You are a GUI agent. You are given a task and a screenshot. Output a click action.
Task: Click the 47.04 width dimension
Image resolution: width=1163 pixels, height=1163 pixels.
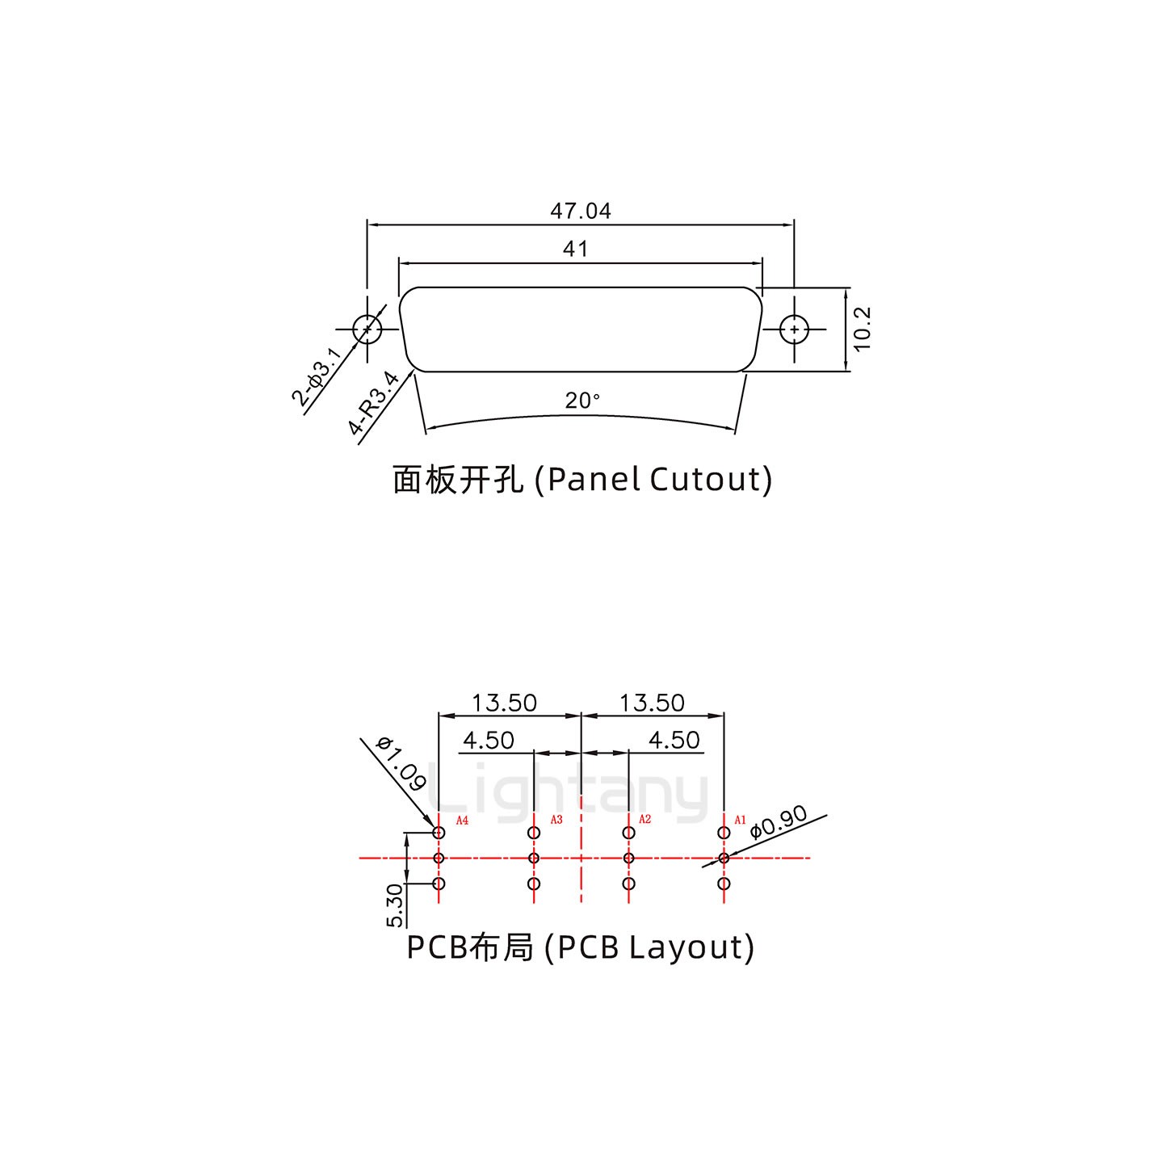(x=581, y=211)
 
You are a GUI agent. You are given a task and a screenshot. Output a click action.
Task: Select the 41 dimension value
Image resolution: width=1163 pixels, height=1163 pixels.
(x=575, y=249)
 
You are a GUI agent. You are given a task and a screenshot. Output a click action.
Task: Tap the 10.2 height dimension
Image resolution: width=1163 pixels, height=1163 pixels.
(x=862, y=329)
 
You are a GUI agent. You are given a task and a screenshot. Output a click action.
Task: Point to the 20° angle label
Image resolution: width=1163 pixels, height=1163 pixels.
(x=582, y=401)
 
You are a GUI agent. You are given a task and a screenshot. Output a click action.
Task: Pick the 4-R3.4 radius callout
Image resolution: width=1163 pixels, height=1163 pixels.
(x=374, y=402)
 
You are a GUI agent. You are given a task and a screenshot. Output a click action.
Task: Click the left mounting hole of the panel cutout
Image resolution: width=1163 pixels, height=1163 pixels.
(x=367, y=330)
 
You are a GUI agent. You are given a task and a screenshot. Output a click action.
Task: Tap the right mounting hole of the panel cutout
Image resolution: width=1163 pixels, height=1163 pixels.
(x=795, y=330)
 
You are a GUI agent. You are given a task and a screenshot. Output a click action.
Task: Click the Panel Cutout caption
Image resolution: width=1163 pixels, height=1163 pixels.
(x=582, y=479)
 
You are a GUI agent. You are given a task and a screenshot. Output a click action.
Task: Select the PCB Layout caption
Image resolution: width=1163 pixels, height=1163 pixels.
(x=580, y=947)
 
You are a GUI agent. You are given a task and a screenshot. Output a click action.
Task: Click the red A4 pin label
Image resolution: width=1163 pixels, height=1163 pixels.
(x=463, y=821)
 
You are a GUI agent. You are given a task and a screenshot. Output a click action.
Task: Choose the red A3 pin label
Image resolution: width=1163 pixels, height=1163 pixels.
(x=556, y=820)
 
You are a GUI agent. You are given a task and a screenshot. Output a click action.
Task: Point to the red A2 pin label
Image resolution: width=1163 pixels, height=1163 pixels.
(x=644, y=820)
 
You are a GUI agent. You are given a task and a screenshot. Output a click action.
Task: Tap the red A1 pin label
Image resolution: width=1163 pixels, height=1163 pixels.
(x=740, y=820)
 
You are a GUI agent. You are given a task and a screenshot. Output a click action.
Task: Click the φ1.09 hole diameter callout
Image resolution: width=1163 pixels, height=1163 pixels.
(x=401, y=764)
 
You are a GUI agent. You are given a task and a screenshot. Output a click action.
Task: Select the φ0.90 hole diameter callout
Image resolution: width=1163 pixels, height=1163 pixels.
(x=779, y=822)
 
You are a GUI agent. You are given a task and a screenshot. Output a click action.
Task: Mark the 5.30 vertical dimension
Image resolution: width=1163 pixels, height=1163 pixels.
(x=395, y=905)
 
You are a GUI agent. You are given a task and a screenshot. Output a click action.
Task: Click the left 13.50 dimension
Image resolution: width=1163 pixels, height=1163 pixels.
(x=504, y=703)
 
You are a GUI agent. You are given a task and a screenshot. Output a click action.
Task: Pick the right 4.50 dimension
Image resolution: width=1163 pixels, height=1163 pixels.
(x=674, y=740)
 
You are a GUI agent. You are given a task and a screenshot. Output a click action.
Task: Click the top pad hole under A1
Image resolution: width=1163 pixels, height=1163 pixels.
(x=724, y=833)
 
